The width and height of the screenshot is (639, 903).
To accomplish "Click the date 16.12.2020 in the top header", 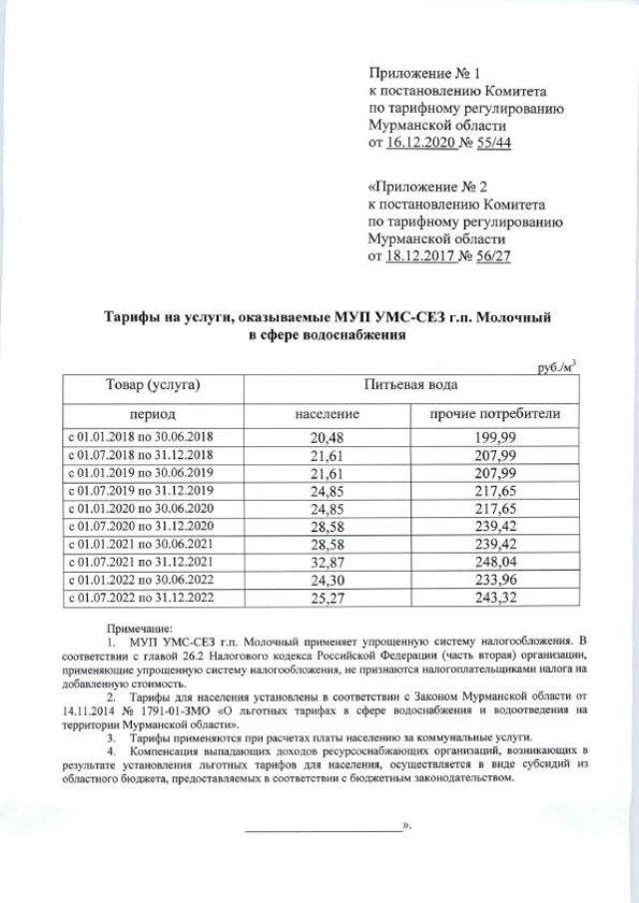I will click(x=420, y=144).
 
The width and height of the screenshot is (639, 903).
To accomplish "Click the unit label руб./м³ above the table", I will click(x=556, y=367).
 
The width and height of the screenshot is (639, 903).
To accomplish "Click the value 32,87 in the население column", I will click(x=326, y=562).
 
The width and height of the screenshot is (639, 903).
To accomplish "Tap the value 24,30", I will click(x=326, y=580).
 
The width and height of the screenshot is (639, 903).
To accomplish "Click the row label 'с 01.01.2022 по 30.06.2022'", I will click(x=147, y=580).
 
